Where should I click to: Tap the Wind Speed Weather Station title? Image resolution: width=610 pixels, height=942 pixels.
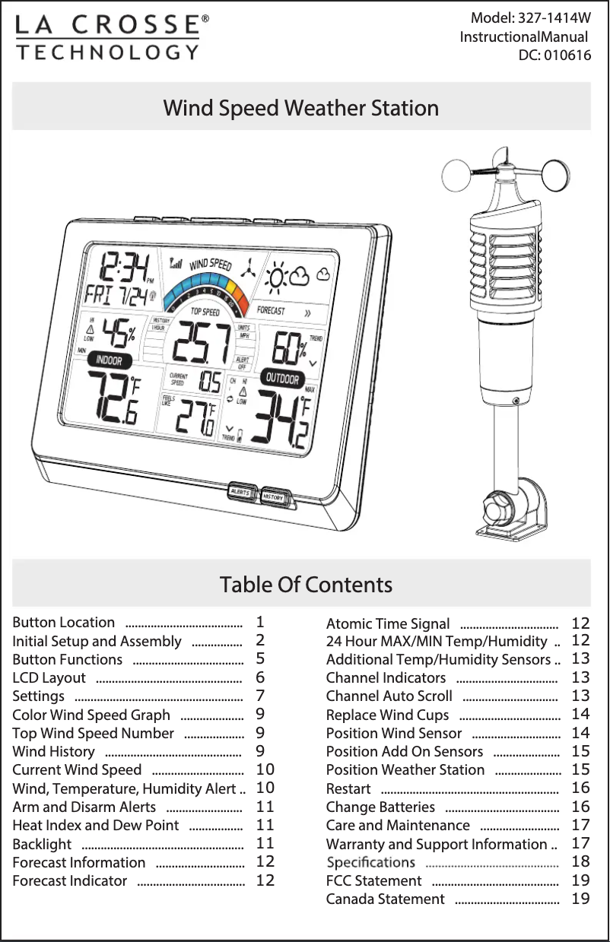301,108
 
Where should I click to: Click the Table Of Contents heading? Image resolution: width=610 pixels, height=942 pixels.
306,585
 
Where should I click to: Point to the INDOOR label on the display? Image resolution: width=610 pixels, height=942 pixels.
109,360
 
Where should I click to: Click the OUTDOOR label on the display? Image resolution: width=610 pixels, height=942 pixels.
282,378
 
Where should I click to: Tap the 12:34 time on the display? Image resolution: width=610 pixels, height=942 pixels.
122,268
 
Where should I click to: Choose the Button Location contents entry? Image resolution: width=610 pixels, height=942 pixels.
64,623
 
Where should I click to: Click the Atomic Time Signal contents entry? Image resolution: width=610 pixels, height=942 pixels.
388,624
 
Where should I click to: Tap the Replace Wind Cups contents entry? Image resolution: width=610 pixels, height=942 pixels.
387,715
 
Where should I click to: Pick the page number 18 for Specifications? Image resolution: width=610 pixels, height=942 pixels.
580,861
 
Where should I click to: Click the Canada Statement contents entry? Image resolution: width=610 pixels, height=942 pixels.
385,899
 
